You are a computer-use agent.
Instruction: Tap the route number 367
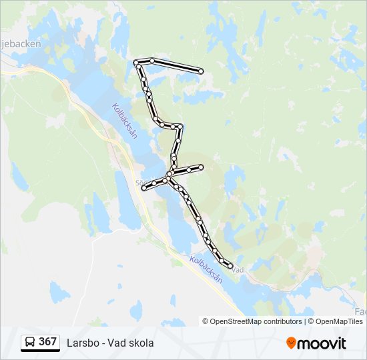click(x=47, y=342)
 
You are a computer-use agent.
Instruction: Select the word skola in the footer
click(x=141, y=343)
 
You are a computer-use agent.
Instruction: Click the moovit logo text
click(x=322, y=343)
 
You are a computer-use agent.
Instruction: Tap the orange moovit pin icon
click(x=291, y=343)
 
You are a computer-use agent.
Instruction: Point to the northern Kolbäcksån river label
click(x=125, y=120)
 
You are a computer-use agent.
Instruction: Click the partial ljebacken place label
click(x=21, y=44)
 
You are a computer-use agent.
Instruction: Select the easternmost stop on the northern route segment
click(x=201, y=71)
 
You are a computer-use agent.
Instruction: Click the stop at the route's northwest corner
click(x=137, y=63)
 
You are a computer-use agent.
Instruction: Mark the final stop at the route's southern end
click(x=230, y=266)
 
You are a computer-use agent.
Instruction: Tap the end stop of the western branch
click(x=143, y=189)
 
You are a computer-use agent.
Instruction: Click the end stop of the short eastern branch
click(x=201, y=166)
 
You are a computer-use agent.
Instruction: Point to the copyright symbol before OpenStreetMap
click(x=206, y=321)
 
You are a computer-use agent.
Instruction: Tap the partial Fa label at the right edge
click(x=361, y=311)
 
